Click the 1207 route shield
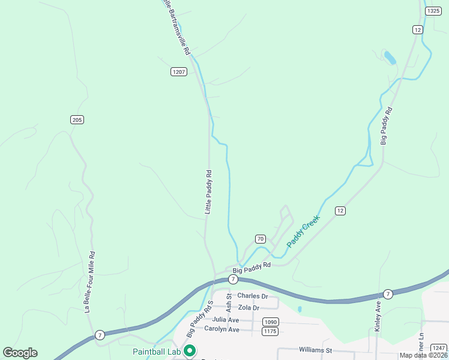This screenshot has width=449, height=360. [x=178, y=72]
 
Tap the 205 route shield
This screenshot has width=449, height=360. [x=76, y=120]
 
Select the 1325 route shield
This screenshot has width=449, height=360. [x=433, y=11]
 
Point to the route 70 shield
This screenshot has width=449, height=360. [x=260, y=239]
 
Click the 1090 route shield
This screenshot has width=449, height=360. [x=270, y=322]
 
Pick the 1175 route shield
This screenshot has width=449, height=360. [x=270, y=331]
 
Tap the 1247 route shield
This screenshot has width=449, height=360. [x=439, y=348]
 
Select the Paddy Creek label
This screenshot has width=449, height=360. [x=304, y=231]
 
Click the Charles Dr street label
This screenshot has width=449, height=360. [x=252, y=296]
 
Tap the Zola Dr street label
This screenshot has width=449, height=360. [x=249, y=308]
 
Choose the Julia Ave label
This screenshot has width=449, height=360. [x=226, y=320]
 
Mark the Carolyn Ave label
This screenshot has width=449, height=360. [x=221, y=330]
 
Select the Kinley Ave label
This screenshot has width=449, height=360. [x=378, y=316]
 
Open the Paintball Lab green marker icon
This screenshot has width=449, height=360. [x=190, y=351]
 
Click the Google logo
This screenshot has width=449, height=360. [x=20, y=353]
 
